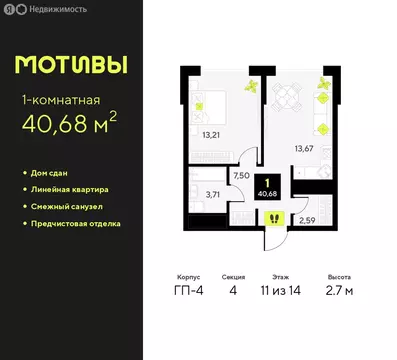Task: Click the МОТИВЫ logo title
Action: (72, 66)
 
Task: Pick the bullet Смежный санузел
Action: (67, 206)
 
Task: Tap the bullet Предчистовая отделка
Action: (77, 223)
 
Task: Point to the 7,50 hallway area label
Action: (240, 174)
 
